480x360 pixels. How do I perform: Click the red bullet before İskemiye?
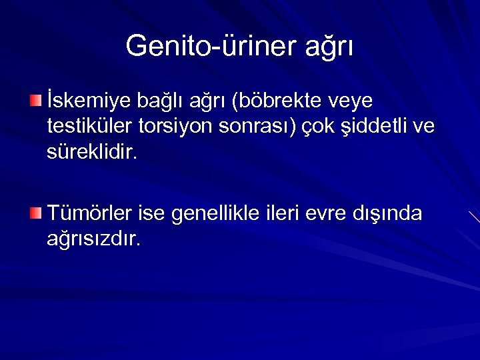click(35, 101)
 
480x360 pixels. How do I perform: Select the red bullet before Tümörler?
click(35, 213)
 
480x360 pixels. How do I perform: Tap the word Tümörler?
click(90, 213)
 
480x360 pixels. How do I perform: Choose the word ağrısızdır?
click(93, 239)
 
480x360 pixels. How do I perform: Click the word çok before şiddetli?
click(322, 127)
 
